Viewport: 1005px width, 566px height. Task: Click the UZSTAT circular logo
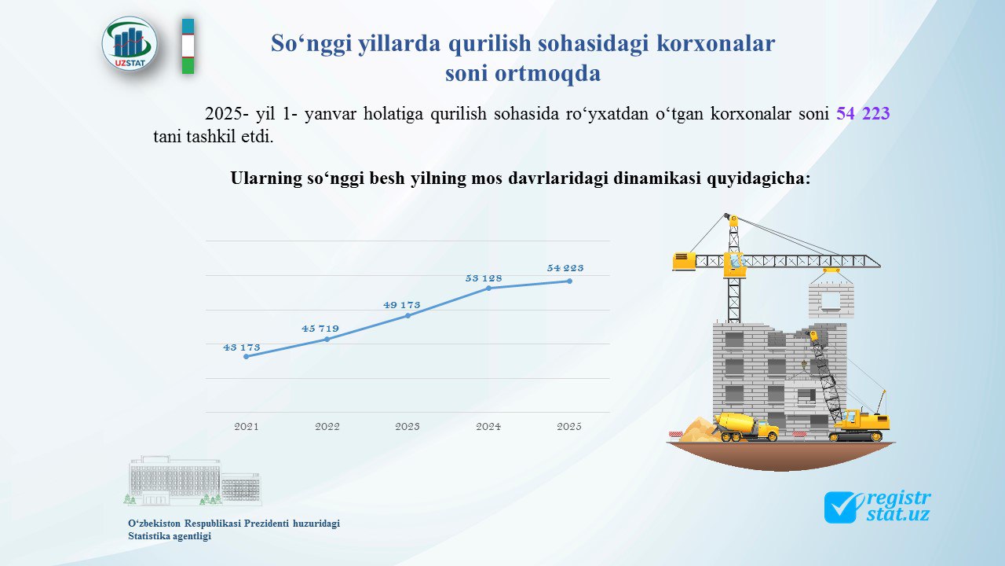[x=130, y=44]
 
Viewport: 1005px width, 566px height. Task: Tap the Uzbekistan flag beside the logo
[x=188, y=46]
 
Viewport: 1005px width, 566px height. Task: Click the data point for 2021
[x=247, y=357]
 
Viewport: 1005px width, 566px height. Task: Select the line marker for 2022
[x=327, y=339]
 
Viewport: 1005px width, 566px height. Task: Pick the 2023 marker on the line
[x=407, y=315]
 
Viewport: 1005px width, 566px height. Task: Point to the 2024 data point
[x=488, y=288]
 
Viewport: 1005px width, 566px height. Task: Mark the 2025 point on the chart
[x=569, y=281]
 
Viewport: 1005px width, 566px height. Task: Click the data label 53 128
[x=484, y=278]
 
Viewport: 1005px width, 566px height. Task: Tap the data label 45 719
[x=320, y=329]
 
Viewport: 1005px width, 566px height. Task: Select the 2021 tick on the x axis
[x=247, y=426]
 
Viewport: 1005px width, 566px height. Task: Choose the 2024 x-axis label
[x=488, y=426]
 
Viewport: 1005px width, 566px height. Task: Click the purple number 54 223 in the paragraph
[x=863, y=113]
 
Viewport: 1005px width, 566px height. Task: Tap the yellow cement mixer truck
[x=746, y=427]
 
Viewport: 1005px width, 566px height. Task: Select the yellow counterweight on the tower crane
[x=683, y=261]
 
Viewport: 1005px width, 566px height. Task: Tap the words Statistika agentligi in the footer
[x=170, y=536]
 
